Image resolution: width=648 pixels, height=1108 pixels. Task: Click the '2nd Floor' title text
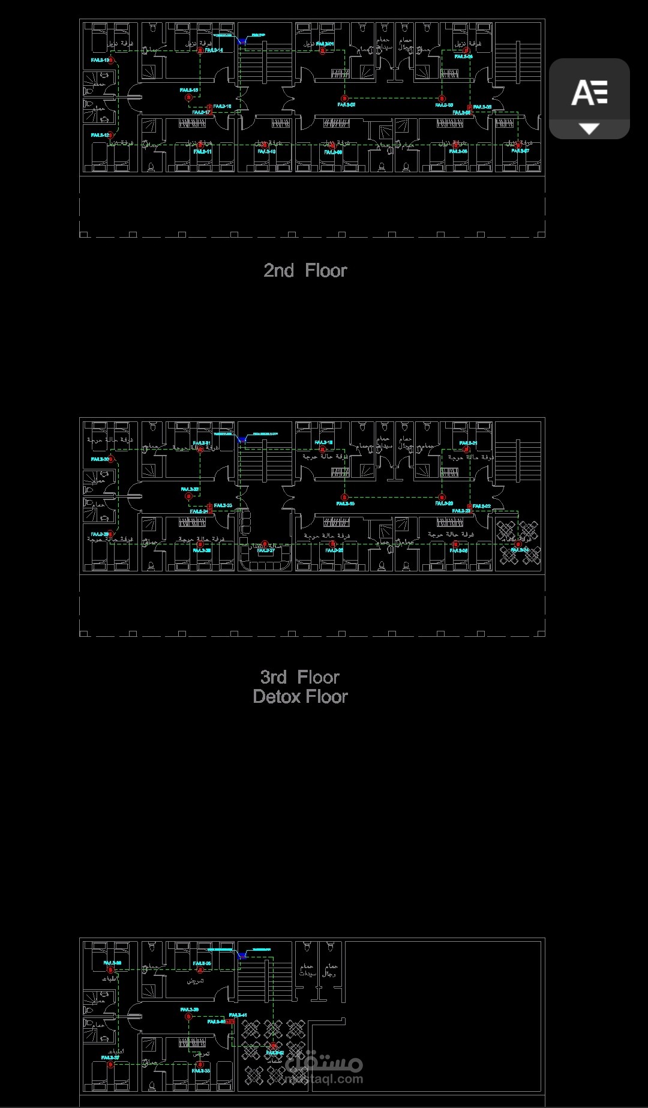coord(305,271)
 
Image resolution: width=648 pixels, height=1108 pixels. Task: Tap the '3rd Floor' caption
coord(299,677)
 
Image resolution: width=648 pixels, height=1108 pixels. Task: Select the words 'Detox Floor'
coord(300,696)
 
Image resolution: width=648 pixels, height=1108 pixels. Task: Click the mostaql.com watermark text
coord(324,1078)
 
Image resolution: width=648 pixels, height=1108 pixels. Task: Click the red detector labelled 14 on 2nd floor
coord(200,51)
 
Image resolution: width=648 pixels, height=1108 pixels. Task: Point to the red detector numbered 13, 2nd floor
coord(111,60)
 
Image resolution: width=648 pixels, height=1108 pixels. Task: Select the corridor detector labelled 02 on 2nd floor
coord(344,98)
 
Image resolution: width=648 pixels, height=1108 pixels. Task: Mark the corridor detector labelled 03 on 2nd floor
coord(442,98)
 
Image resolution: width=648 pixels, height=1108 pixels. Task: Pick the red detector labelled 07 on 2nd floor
coord(518,145)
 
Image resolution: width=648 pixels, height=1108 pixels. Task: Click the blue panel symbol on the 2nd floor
coord(242,41)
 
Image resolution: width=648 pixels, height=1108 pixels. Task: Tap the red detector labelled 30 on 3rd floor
coord(111,459)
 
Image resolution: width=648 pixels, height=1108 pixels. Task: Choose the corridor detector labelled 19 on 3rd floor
coord(344,497)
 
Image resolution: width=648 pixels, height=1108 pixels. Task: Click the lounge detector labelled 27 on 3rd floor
coord(265,544)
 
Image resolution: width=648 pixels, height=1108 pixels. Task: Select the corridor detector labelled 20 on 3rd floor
coord(442,497)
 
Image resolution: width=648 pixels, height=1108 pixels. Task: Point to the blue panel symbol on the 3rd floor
coord(242,439)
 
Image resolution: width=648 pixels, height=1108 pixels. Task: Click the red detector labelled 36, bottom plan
coord(110,969)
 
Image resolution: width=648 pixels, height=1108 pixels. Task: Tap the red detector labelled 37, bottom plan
coord(110,1064)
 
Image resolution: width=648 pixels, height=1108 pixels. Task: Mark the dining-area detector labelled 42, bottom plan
coord(273,1046)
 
